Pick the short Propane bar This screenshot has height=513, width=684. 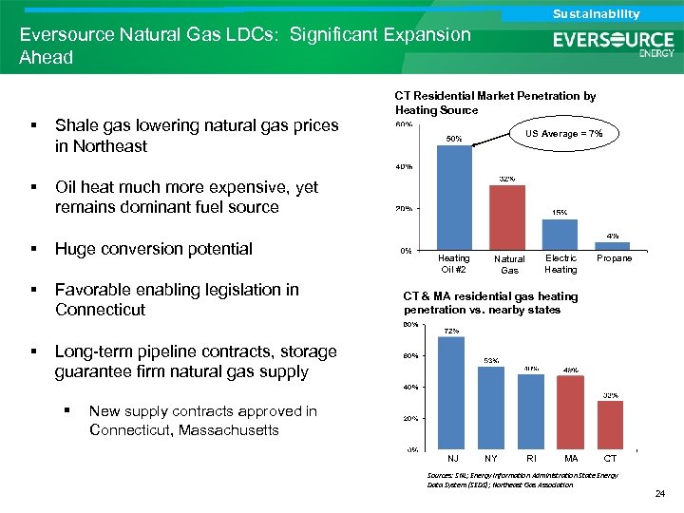[x=614, y=246]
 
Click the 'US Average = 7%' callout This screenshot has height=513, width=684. [x=564, y=134]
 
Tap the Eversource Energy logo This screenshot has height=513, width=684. [x=614, y=43]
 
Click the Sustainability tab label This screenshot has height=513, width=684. [x=596, y=13]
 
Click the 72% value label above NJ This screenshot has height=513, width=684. [x=452, y=331]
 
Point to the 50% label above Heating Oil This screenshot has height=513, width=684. [x=454, y=139]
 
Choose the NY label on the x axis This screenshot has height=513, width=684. [x=490, y=459]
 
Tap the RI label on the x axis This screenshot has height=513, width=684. [x=531, y=459]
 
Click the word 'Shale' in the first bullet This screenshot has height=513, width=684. [x=78, y=125]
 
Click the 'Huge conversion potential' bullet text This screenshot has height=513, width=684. [x=154, y=249]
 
